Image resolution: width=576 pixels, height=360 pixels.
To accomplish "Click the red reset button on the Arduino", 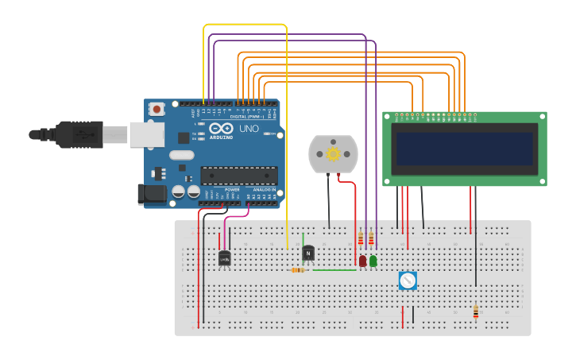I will click(x=157, y=109).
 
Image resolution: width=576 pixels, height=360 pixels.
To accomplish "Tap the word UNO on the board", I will click(x=249, y=128).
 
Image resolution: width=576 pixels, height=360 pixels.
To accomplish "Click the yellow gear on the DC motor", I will click(x=333, y=153).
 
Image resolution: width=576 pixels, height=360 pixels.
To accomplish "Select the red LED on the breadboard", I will click(x=362, y=261).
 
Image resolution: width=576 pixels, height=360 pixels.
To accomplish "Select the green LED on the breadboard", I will click(x=373, y=261).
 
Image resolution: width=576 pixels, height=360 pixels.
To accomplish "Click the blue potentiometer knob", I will click(x=408, y=281).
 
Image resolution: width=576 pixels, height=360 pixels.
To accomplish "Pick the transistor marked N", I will click(x=308, y=254).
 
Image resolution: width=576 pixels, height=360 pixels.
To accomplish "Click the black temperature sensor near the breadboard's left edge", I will click(x=225, y=257).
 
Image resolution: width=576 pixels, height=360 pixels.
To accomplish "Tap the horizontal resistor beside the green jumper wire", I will click(x=298, y=270).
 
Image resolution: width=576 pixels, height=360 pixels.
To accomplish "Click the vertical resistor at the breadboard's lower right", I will click(x=476, y=312).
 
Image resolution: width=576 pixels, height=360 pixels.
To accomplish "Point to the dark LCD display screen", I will click(x=465, y=149).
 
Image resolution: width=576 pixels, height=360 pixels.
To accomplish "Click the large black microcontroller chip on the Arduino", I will click(x=238, y=176).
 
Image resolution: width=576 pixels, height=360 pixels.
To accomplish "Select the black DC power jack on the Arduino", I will click(x=151, y=194).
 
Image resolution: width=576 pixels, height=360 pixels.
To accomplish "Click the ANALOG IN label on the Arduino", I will click(x=264, y=190).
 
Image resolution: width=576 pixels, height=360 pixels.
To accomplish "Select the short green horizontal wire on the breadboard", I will click(x=334, y=270).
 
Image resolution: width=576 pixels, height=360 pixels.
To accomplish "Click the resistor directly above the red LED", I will click(x=361, y=238).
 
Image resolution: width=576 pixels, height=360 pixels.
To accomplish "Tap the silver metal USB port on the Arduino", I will click(x=146, y=134).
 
